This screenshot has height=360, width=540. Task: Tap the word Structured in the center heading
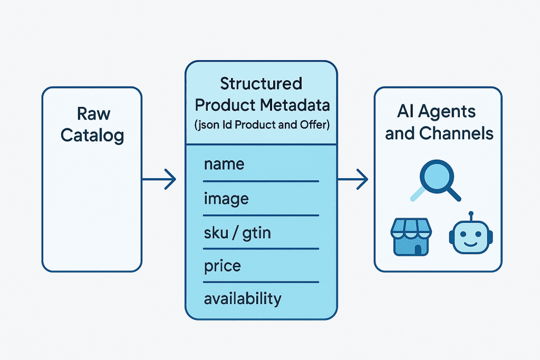[261, 84]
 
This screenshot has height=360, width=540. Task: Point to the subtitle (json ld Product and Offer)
[262, 125]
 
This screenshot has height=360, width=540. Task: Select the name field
[224, 164]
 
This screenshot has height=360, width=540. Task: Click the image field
[226, 198]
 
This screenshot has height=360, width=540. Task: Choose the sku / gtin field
[237, 232]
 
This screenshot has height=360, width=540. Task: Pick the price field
[223, 266]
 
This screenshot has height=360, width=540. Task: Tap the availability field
[243, 299]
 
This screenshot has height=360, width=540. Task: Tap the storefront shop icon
[409, 237]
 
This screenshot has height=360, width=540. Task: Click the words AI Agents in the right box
[436, 112]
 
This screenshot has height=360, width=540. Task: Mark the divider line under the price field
[261, 283]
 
